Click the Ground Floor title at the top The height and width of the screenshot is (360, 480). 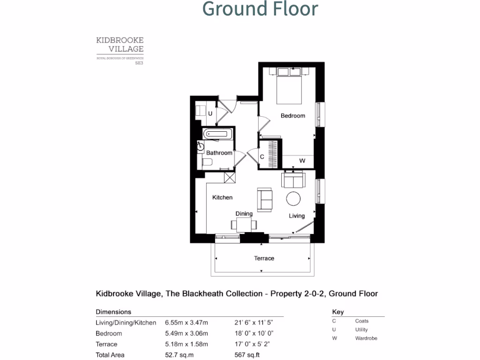click(x=260, y=9)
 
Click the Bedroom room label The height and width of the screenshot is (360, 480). click(x=293, y=116)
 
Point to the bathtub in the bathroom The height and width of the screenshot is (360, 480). click(x=218, y=134)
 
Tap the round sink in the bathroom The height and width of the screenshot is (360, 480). click(x=201, y=146)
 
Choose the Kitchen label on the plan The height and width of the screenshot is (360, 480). click(x=222, y=197)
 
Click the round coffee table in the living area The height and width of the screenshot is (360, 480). click(x=294, y=199)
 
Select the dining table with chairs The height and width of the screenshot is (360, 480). click(x=244, y=225)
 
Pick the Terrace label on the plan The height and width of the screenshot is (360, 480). click(x=264, y=258)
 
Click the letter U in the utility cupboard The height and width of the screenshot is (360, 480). click(x=210, y=113)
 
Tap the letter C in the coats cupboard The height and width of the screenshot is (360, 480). click(x=262, y=157)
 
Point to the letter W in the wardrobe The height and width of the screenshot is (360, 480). click(x=302, y=161)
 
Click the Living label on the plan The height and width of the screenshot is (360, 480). click(x=297, y=216)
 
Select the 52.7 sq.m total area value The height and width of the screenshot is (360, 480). click(x=179, y=355)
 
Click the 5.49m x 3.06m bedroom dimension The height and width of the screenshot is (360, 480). click(x=186, y=333)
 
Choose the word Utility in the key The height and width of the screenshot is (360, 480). click(x=361, y=330)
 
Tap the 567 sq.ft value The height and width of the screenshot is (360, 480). click(x=247, y=355)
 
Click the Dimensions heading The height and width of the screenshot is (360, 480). click(x=113, y=312)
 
